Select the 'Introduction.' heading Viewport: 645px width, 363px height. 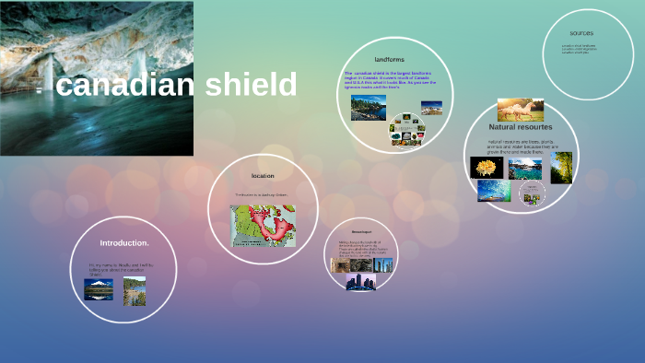124,242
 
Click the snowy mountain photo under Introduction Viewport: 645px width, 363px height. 99,289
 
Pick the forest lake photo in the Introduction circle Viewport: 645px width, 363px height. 135,290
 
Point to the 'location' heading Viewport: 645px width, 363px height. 263,175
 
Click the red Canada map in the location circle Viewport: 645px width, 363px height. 263,224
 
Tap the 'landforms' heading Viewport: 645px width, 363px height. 391,59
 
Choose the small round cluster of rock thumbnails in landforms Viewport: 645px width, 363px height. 405,130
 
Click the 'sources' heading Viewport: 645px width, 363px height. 581,32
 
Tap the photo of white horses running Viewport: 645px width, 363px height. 520,111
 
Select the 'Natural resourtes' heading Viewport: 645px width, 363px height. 521,127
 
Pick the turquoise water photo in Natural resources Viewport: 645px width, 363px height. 524,169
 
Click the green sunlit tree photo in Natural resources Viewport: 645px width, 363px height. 561,167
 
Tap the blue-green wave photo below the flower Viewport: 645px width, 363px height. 494,191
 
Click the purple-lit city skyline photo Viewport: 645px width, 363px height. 360,281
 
